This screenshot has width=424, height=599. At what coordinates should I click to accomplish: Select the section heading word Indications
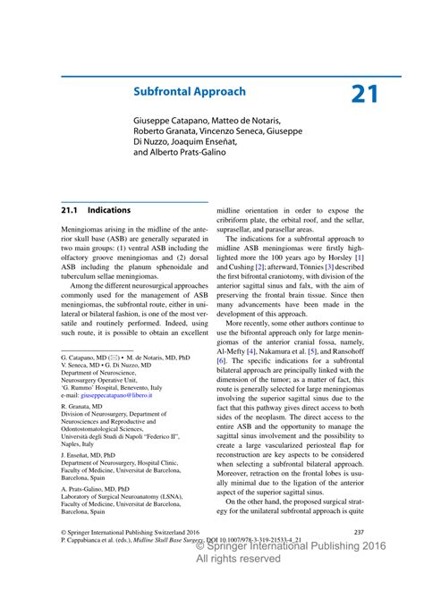[109, 210]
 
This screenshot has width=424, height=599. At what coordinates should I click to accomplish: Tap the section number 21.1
[70, 210]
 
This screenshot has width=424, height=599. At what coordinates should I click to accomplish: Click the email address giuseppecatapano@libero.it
[116, 394]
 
